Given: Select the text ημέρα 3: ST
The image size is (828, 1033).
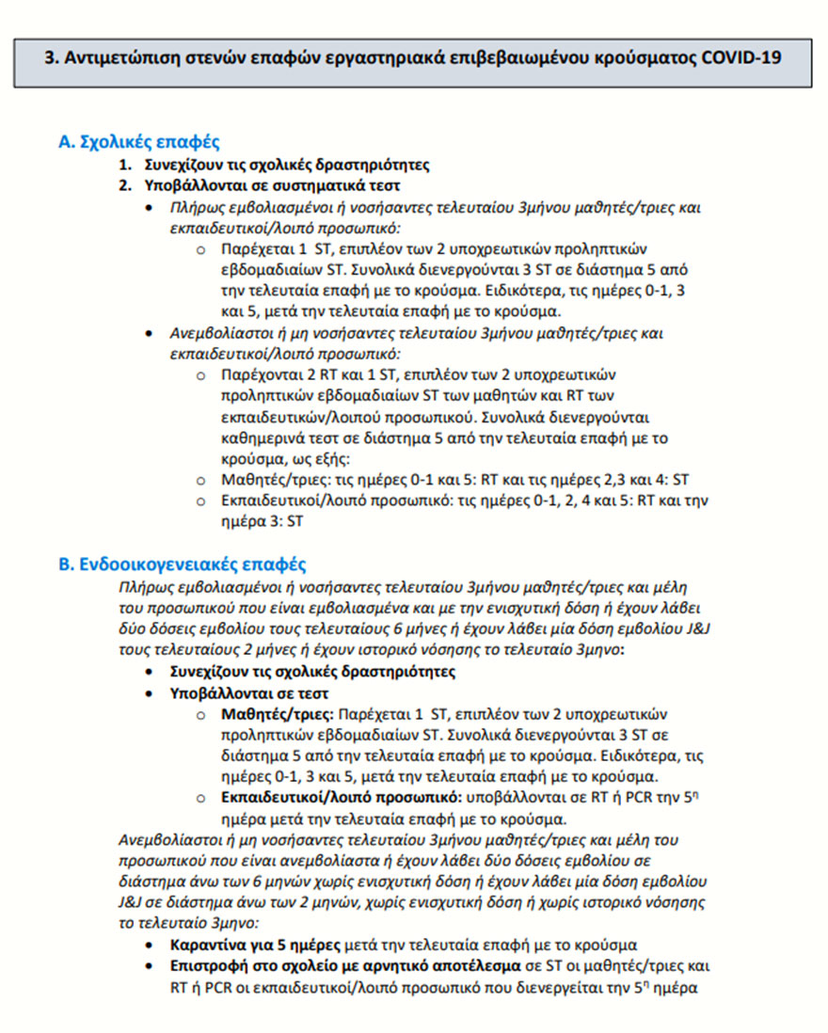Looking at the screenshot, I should point(263,520).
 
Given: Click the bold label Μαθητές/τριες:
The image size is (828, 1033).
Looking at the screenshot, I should point(278,714).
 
